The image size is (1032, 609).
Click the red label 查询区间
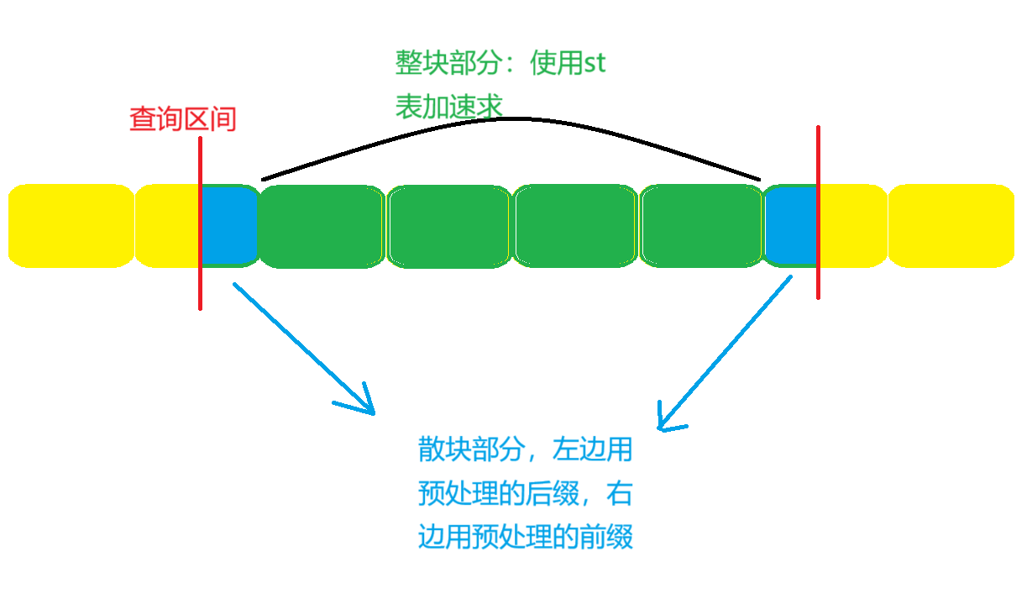[183, 119]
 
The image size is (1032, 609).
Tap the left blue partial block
[228, 225]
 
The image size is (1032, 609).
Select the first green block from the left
[321, 226]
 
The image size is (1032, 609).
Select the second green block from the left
[448, 226]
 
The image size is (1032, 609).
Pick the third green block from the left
[575, 226]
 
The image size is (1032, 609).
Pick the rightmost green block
[701, 226]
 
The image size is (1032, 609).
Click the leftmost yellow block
[71, 226]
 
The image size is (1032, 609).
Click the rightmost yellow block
[951, 226]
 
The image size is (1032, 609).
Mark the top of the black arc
[521, 119]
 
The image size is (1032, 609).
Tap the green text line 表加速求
[449, 107]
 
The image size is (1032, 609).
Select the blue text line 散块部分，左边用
[525, 450]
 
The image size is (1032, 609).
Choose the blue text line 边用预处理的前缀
[525, 536]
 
